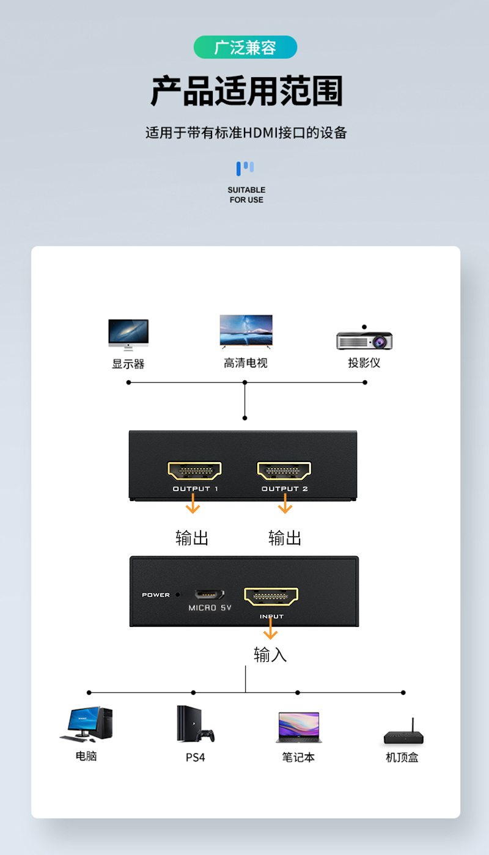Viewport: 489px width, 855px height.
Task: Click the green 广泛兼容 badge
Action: pyautogui.click(x=245, y=47)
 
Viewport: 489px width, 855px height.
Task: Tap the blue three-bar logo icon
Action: pyautogui.click(x=245, y=168)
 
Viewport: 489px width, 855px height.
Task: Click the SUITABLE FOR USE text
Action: pyautogui.click(x=246, y=195)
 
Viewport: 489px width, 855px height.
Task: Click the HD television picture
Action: pyautogui.click(x=246, y=332)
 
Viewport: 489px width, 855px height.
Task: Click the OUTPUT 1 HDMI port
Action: pyautogui.click(x=194, y=471)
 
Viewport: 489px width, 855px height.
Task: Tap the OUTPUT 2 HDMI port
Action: pyautogui.click(x=284, y=471)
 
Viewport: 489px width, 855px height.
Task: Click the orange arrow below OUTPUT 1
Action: pyautogui.click(x=193, y=503)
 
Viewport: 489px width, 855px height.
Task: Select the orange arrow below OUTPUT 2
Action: pyautogui.click(x=285, y=503)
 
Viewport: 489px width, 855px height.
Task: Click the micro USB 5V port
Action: pyautogui.click(x=209, y=594)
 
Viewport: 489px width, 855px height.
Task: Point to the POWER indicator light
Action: pyautogui.click(x=177, y=595)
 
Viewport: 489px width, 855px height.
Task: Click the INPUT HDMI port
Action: pyautogui.click(x=271, y=596)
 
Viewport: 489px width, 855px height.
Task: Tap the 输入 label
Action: pyautogui.click(x=270, y=655)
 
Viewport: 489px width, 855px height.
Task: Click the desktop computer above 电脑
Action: pyautogui.click(x=87, y=724)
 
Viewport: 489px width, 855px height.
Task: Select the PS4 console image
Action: pyautogui.click(x=195, y=724)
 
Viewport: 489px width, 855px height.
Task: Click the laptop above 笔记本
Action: pyautogui.click(x=299, y=727)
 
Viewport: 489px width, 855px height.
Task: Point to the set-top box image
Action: pyautogui.click(x=403, y=732)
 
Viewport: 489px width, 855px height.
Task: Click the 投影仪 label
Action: pyautogui.click(x=364, y=362)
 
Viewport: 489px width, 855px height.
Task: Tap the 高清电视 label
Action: pyautogui.click(x=246, y=362)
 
